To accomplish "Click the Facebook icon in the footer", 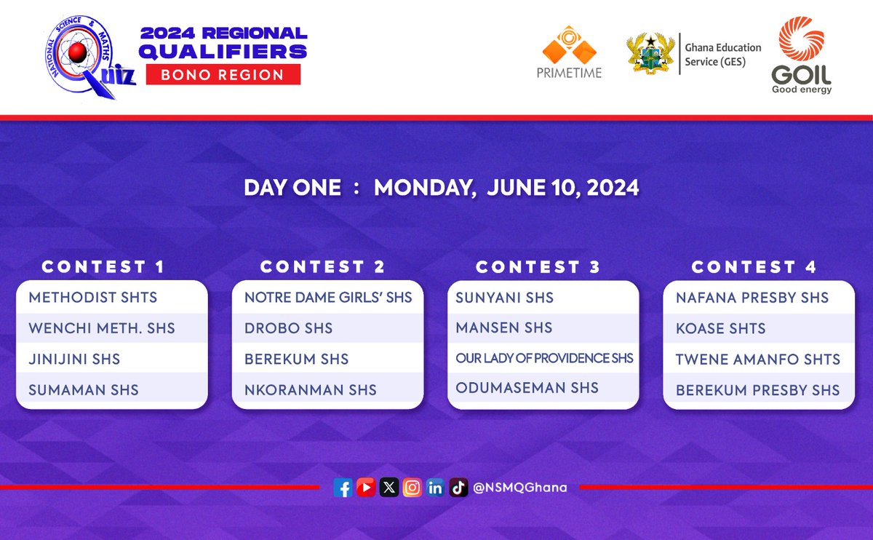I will click(x=343, y=488).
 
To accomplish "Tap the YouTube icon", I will click(x=366, y=488).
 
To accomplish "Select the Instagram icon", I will click(x=412, y=488).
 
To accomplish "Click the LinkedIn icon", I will click(x=435, y=488).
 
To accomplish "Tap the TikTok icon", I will click(x=458, y=488).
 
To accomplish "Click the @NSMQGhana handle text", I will click(x=519, y=488).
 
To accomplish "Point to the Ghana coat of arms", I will click(x=650, y=53).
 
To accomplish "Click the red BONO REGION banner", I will click(x=223, y=74).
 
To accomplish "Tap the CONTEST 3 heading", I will click(x=538, y=267).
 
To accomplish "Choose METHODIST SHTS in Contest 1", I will click(x=93, y=298).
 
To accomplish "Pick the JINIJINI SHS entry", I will click(x=74, y=359).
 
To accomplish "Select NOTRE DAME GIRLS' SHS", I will click(x=328, y=298).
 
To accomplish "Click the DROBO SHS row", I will click(x=289, y=328).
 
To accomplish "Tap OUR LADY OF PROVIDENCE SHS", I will click(x=544, y=358).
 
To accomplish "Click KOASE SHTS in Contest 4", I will click(x=720, y=328).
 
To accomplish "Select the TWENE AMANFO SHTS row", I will click(x=757, y=359).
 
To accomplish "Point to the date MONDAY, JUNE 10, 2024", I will click(x=506, y=188).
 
